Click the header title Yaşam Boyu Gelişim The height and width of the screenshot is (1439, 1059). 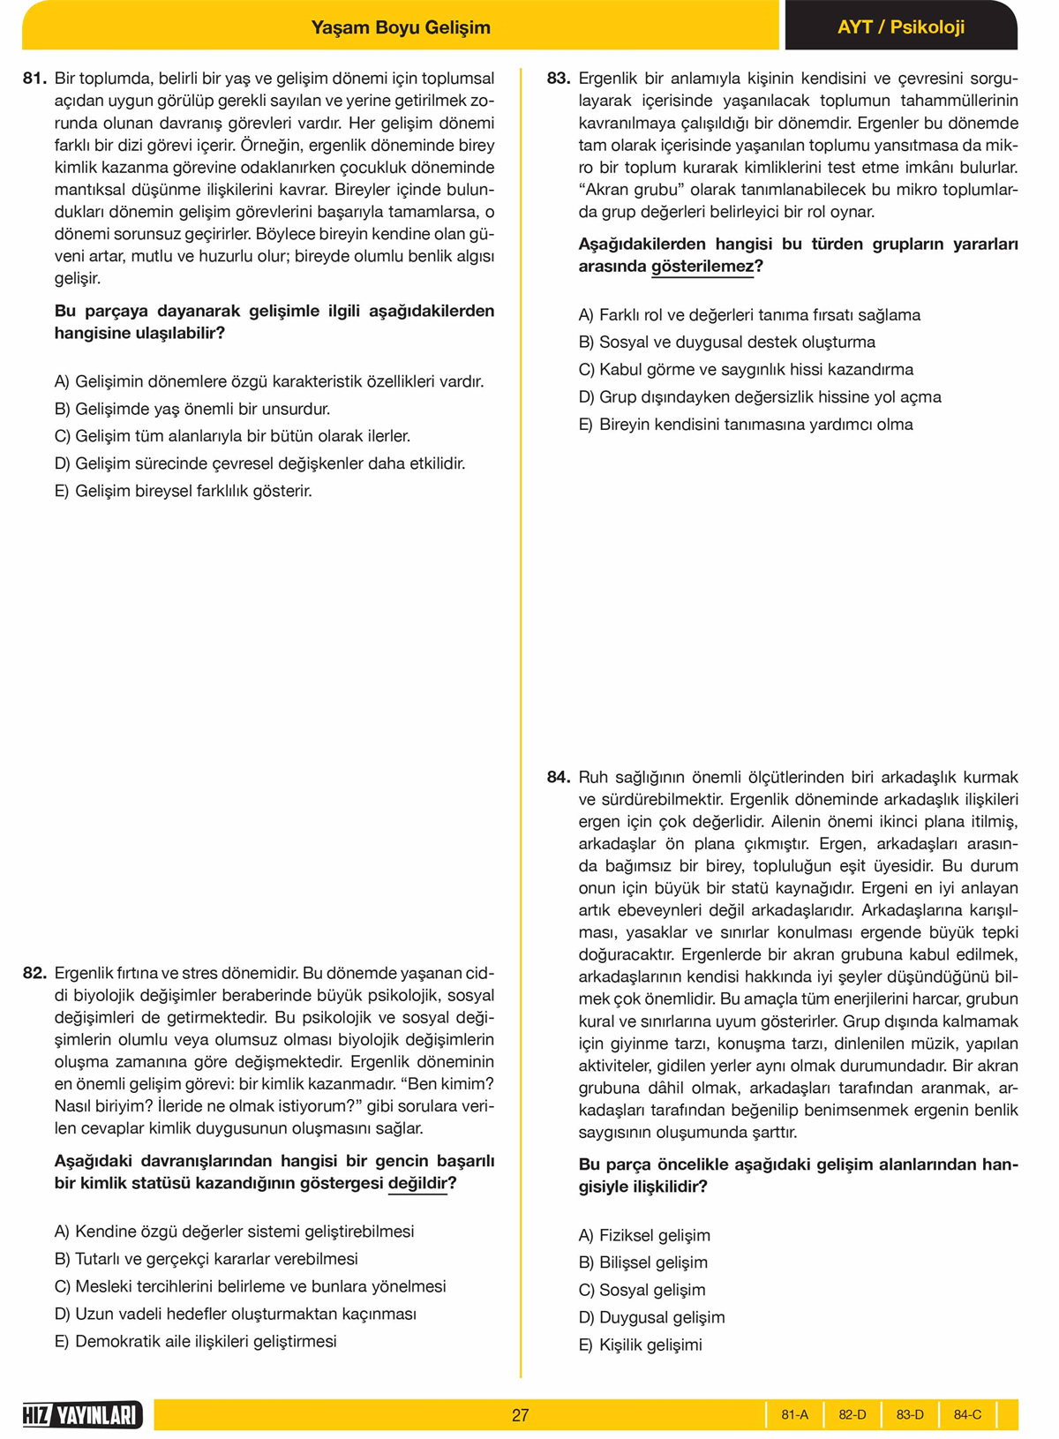(x=401, y=27)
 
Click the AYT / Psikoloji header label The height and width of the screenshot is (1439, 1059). (x=900, y=27)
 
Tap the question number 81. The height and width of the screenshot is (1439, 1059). (x=34, y=79)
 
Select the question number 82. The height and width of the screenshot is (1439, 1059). (x=34, y=973)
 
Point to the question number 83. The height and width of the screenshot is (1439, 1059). (x=559, y=79)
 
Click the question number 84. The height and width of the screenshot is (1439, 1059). (x=559, y=777)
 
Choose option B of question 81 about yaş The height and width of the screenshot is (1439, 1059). (x=192, y=409)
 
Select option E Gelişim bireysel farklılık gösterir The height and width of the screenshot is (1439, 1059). (x=184, y=491)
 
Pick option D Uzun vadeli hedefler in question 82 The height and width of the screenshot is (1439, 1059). (x=236, y=1314)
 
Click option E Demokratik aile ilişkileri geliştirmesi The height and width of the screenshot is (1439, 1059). (x=196, y=1341)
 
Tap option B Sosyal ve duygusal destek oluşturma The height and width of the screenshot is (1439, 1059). (x=727, y=342)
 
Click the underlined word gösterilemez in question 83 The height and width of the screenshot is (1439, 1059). (x=702, y=267)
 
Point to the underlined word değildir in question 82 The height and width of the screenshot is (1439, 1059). (x=417, y=1183)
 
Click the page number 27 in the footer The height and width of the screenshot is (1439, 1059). (x=520, y=1415)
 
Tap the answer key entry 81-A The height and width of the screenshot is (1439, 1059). (x=794, y=1414)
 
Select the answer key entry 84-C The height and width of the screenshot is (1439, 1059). (x=967, y=1414)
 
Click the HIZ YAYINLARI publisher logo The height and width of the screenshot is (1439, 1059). (x=82, y=1415)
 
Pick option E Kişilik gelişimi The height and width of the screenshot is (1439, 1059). (x=641, y=1345)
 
